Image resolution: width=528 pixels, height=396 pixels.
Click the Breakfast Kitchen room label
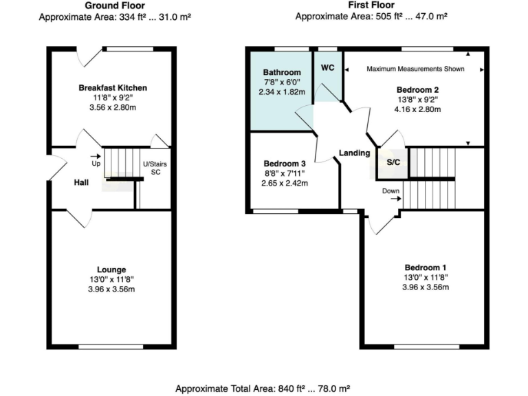[113, 88]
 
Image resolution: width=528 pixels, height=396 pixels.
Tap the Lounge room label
[111, 269]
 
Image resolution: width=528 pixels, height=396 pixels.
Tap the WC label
[328, 67]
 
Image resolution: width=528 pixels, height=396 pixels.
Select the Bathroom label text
[282, 72]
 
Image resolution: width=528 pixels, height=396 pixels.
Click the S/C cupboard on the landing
[393, 163]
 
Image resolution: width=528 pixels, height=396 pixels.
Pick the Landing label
[354, 153]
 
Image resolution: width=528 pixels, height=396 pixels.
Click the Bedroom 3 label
[285, 164]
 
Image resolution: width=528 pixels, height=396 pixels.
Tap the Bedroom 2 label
[417, 89]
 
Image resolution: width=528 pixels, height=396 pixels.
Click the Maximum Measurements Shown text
[415, 69]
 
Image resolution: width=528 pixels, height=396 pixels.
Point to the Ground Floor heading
[114, 5]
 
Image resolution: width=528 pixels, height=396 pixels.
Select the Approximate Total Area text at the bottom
[264, 388]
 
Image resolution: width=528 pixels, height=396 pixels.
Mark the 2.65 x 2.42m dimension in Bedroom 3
[285, 184]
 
